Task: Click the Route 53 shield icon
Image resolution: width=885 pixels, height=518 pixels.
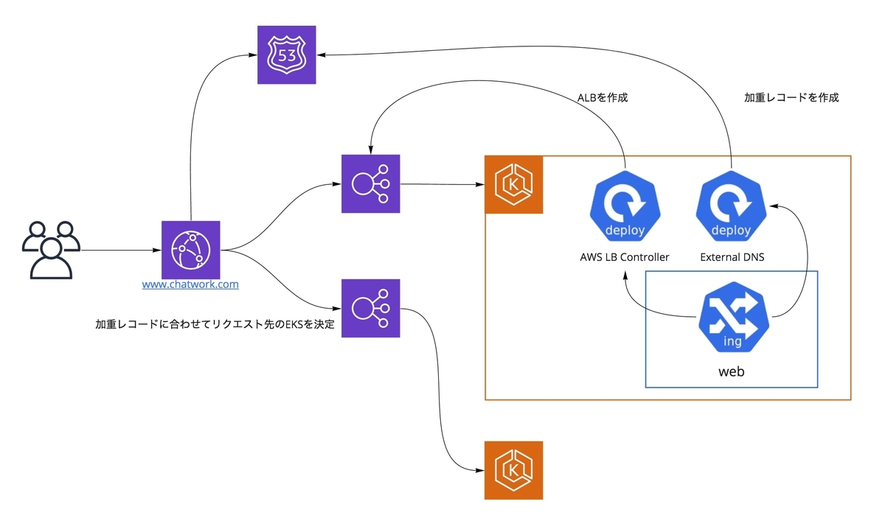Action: tap(286, 55)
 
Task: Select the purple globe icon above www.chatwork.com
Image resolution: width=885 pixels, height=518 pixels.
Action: tap(191, 250)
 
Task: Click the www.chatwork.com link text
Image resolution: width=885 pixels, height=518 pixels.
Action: tap(190, 284)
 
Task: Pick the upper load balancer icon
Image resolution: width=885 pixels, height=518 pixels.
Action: tap(370, 183)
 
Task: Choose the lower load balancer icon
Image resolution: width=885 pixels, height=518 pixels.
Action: tap(370, 308)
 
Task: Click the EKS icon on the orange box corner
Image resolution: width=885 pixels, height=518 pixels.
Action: tap(513, 184)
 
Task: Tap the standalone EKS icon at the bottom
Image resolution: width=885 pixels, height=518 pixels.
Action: tap(513, 470)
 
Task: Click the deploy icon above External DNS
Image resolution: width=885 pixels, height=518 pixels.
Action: tap(731, 209)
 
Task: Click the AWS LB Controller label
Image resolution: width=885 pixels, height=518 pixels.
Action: tap(625, 257)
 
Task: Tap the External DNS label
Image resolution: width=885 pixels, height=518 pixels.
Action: tap(731, 257)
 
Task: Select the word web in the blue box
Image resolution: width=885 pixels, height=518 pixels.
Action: tap(732, 371)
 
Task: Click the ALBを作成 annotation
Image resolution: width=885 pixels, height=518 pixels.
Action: tap(603, 97)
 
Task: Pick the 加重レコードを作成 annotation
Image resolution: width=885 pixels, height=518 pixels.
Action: tap(791, 97)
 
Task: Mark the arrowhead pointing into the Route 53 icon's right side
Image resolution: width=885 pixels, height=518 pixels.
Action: tap(322, 54)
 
